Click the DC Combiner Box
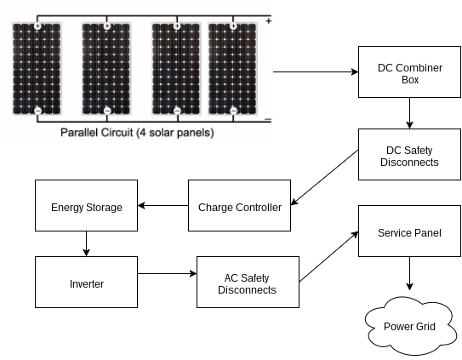[x=410, y=73]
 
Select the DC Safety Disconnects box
[x=410, y=155]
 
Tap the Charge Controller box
[x=239, y=206]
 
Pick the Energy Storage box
[x=86, y=206]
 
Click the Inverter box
[x=86, y=283]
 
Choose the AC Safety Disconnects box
[x=248, y=283]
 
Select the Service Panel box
[x=410, y=231]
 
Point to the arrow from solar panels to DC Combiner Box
[x=315, y=73]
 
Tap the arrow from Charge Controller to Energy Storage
[x=163, y=206]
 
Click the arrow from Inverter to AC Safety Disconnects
[x=166, y=274]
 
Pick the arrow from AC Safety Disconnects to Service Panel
[x=328, y=256]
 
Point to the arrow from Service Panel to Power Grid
[x=410, y=275]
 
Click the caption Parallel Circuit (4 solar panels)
[x=137, y=134]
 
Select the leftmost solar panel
[x=37, y=68]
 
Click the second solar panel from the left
[x=107, y=68]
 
